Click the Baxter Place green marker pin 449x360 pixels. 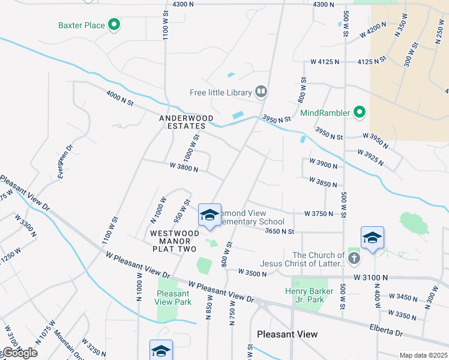point(114,25)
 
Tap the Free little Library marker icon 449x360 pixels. point(261,92)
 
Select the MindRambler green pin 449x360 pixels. point(359,112)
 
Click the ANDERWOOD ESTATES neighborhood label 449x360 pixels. point(182,122)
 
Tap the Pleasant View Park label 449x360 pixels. point(173,298)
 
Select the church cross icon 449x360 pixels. point(354,259)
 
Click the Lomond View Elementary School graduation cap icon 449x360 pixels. point(209,215)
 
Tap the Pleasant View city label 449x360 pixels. point(287,334)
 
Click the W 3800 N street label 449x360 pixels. point(184,167)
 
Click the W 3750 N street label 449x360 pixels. point(319,213)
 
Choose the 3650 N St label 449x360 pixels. point(279,231)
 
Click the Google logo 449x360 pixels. point(19,353)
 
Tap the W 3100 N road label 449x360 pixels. point(370,278)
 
